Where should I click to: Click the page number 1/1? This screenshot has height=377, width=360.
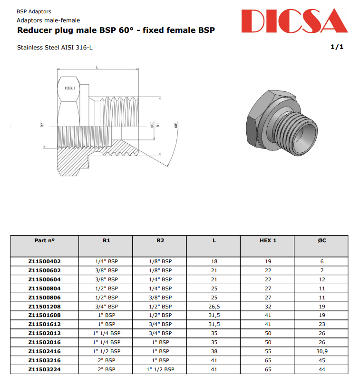(x=337, y=47)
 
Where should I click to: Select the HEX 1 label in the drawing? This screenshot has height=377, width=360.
(x=70, y=88)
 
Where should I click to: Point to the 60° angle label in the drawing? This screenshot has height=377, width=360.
(x=176, y=126)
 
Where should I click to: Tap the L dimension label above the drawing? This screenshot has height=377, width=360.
(x=97, y=67)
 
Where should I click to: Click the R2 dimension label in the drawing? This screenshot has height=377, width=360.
(x=42, y=126)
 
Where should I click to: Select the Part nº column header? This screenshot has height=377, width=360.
(x=45, y=240)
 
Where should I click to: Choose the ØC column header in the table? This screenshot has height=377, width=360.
(x=321, y=240)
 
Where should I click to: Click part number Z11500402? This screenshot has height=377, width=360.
(x=45, y=261)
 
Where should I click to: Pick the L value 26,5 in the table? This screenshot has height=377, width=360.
(x=214, y=307)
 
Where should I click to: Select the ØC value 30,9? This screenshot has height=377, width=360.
(x=321, y=351)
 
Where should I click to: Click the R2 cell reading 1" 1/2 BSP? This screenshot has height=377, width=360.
(x=160, y=369)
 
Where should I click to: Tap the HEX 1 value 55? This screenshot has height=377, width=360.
(x=268, y=351)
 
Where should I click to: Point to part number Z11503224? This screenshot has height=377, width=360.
(x=45, y=369)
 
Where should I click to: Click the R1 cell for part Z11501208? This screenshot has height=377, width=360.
(x=106, y=307)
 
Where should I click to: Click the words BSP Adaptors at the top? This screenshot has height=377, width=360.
(x=34, y=11)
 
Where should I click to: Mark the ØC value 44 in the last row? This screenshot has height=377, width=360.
(x=321, y=369)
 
